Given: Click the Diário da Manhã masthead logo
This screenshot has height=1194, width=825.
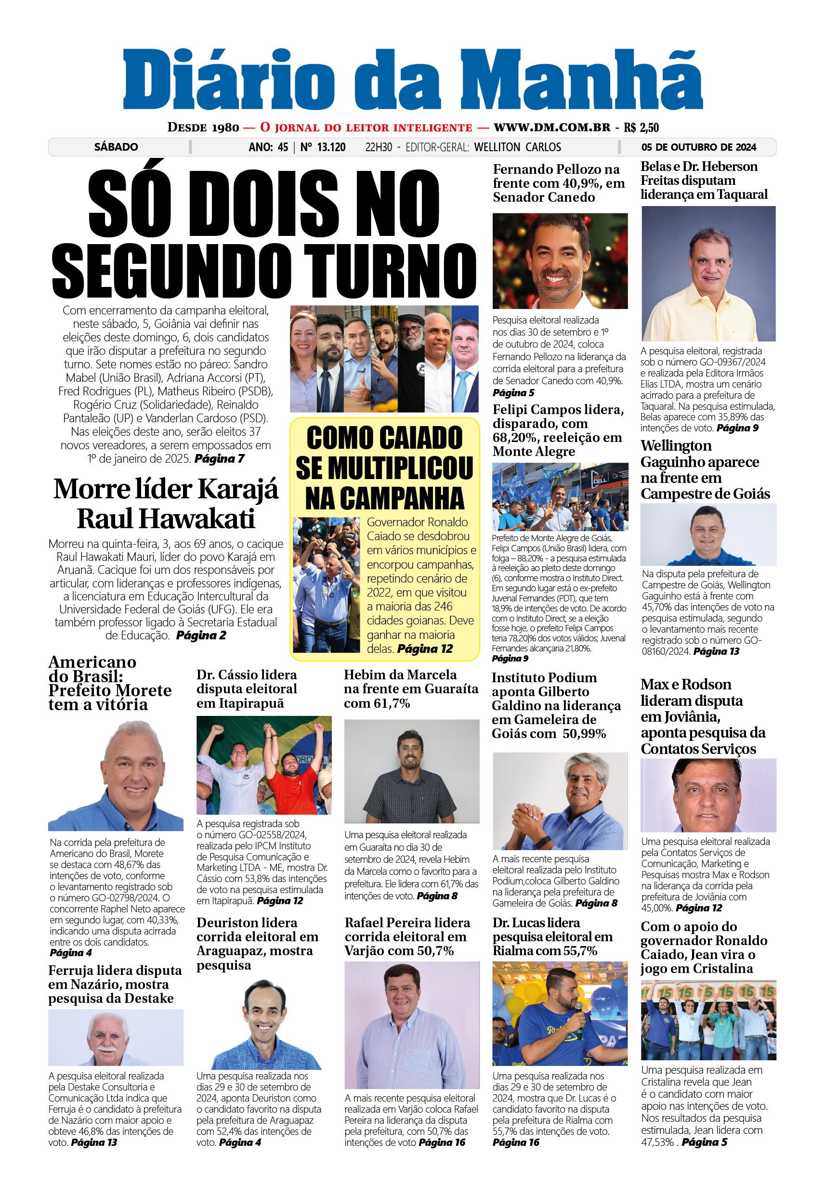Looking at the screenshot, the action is click(x=412, y=80).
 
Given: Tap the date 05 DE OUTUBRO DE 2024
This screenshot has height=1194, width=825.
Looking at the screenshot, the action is click(x=698, y=147).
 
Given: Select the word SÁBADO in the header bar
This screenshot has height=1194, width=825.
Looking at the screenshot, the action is click(x=116, y=147).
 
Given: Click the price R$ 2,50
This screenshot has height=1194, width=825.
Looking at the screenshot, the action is click(x=641, y=128).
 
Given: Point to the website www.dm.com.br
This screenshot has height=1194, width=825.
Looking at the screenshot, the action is click(x=551, y=127).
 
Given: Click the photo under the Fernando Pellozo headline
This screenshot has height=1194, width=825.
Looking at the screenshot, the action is click(x=560, y=261).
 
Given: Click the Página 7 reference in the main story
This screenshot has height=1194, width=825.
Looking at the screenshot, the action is click(x=219, y=458).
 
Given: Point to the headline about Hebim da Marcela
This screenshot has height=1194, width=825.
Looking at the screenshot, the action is click(x=410, y=688).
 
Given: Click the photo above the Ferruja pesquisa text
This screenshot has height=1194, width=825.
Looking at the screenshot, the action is click(x=116, y=1037).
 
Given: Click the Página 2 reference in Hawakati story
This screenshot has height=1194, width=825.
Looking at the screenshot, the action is click(x=201, y=635).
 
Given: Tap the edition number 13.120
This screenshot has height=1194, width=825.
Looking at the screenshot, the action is click(x=330, y=147).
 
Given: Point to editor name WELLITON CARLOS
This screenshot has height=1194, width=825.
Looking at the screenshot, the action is click(x=517, y=147).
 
